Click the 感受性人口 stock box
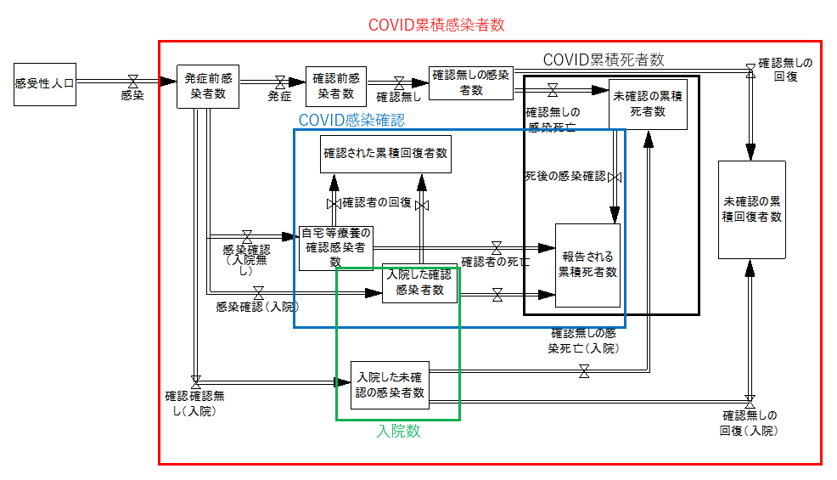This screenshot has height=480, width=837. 45,83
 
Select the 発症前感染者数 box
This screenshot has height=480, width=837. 208,86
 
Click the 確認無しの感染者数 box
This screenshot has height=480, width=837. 471,82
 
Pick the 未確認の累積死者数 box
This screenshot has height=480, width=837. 648,104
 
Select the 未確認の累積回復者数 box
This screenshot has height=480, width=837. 751,209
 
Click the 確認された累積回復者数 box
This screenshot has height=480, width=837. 385,154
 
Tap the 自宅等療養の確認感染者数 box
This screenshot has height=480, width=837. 336,247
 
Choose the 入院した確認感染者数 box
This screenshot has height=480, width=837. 419,283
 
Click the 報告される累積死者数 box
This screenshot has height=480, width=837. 587,264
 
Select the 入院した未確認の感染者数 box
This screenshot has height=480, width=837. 390,385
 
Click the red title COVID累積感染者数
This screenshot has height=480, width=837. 436,25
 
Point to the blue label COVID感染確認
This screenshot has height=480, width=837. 351,120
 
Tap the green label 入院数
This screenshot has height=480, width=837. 398,431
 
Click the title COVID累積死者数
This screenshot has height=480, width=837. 603,59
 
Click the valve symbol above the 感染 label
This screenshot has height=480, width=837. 132,82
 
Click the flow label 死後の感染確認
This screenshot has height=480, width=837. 565,177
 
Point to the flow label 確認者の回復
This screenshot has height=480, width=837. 377,203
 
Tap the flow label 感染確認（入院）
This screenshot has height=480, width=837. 257,306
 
